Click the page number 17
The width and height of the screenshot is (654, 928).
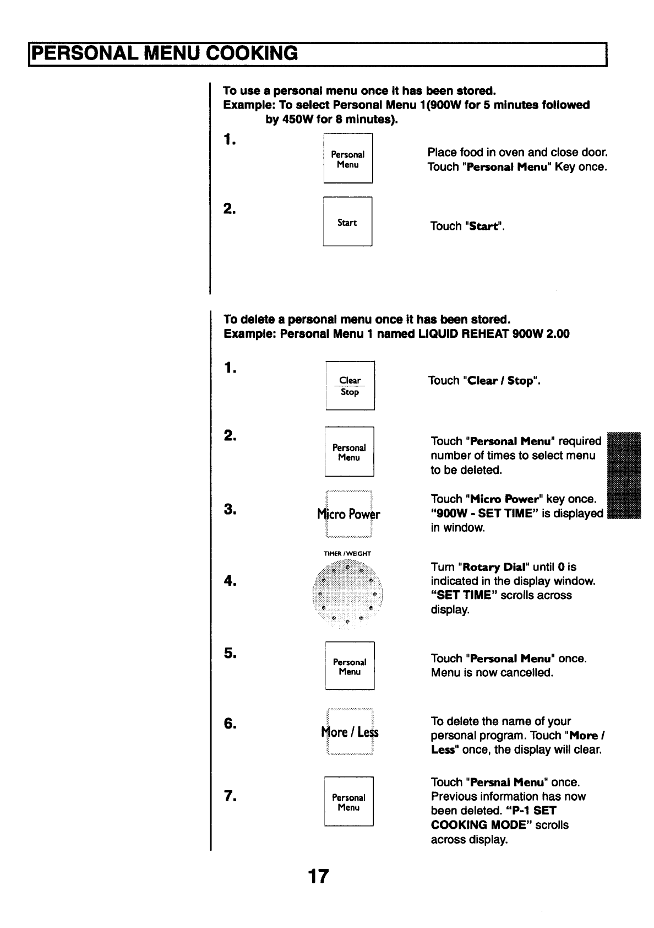[318, 876]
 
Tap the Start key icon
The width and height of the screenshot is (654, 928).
[347, 222]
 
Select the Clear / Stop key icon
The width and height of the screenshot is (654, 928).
[350, 386]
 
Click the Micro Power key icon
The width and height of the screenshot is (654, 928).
[349, 514]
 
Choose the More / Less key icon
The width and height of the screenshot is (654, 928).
[350, 732]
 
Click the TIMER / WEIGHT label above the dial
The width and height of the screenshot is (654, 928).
[347, 554]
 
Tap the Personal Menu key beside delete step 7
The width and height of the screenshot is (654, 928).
[348, 802]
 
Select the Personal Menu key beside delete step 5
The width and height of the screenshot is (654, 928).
[350, 666]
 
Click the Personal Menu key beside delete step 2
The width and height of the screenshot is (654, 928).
[349, 452]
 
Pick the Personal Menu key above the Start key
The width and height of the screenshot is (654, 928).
[348, 159]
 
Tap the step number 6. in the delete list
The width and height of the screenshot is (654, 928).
[230, 724]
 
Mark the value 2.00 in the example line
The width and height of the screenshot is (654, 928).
[557, 334]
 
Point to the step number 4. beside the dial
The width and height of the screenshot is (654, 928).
[230, 580]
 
